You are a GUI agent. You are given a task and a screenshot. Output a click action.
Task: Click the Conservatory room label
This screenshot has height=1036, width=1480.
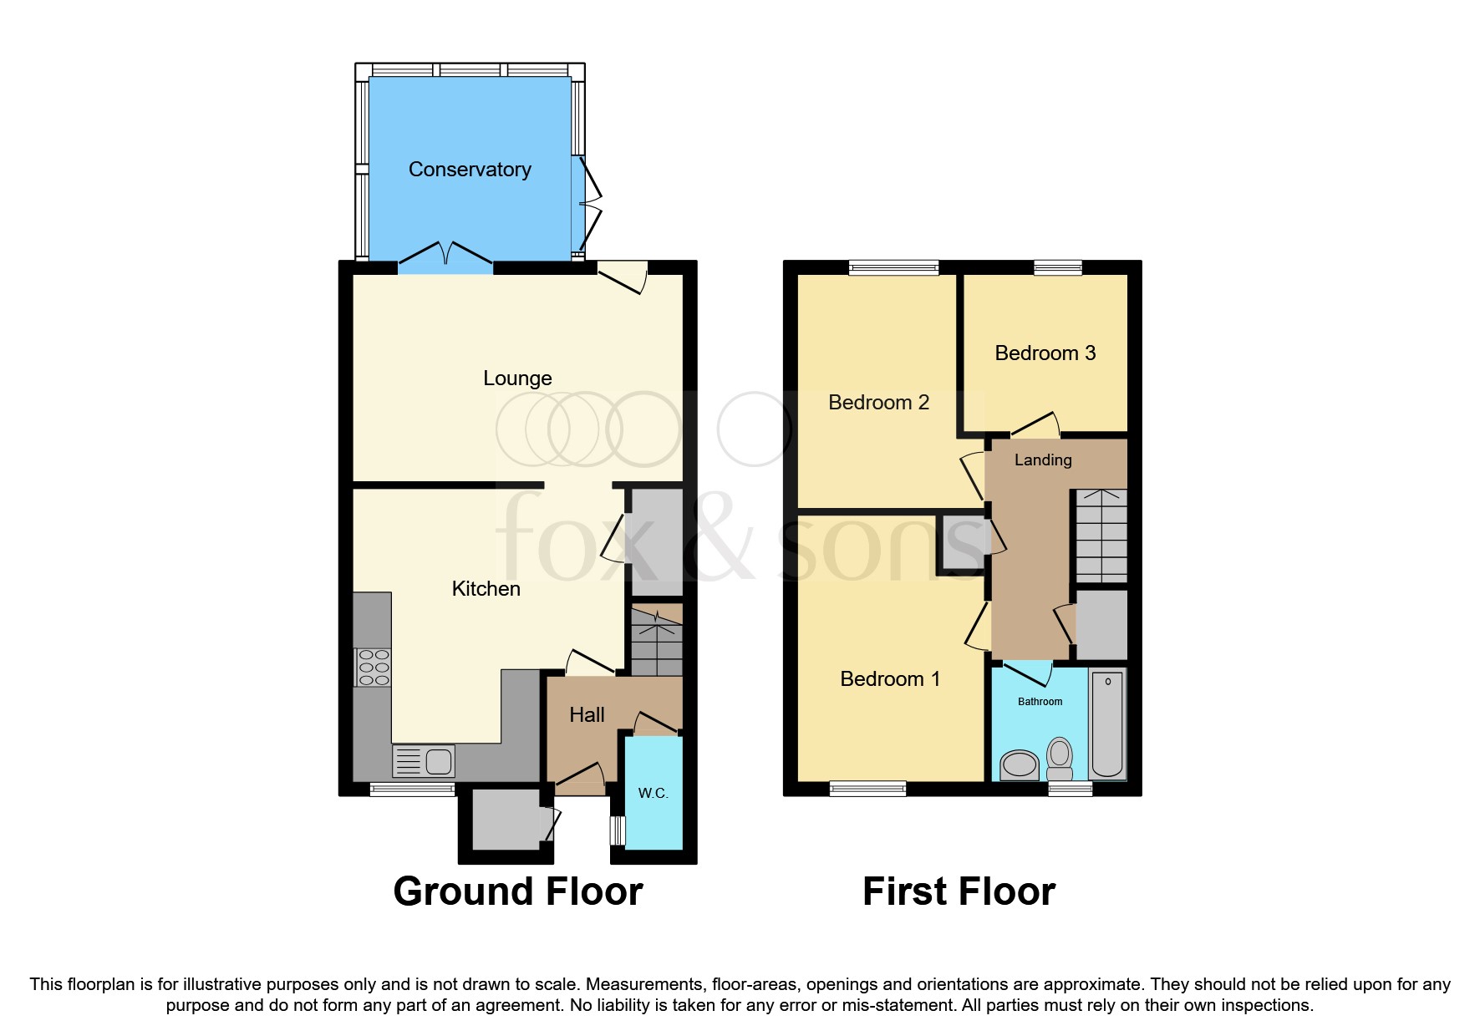[x=470, y=170]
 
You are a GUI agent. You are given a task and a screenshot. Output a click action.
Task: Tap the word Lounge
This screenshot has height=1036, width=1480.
[x=517, y=378]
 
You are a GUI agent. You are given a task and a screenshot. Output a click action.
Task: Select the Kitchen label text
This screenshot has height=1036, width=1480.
[x=486, y=589]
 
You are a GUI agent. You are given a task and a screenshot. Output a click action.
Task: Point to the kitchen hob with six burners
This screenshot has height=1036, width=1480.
[x=373, y=668]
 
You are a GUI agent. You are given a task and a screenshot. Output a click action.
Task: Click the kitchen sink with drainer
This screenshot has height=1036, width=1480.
[x=424, y=761]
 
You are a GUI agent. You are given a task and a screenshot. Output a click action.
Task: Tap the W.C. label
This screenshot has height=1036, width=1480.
[x=653, y=793]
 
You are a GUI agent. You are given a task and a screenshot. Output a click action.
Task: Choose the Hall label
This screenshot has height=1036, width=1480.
[x=587, y=715]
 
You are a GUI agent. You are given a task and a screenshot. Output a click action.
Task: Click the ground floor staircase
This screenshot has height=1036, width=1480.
[x=657, y=642]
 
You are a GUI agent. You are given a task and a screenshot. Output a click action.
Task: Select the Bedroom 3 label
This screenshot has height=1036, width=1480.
[x=1045, y=353]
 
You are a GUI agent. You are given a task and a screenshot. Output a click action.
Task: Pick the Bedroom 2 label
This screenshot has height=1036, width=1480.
[x=878, y=403]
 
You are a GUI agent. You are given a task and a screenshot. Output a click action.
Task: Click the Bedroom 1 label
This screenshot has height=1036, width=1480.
[x=890, y=679]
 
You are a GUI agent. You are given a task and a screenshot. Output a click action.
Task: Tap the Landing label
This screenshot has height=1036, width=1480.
[x=1043, y=460]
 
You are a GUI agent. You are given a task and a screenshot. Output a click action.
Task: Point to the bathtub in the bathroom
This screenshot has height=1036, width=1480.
[x=1108, y=724]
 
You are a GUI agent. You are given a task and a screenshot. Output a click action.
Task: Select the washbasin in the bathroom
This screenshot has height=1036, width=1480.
[x=1020, y=764]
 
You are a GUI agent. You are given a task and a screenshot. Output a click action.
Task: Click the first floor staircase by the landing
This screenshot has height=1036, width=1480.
[x=1101, y=536]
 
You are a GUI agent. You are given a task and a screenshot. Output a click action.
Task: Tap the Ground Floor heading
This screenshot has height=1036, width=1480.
[x=517, y=891]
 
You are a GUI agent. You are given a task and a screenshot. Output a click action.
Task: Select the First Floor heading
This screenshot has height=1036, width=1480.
[x=959, y=891]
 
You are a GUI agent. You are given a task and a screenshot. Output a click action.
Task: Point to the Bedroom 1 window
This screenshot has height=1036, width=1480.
[x=867, y=788]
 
